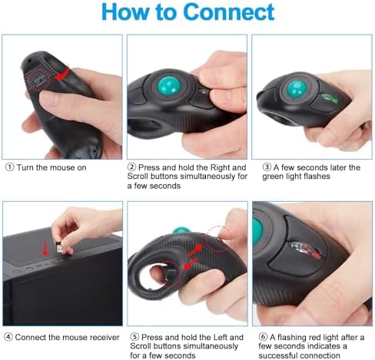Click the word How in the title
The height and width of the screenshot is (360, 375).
pyautogui.click(x=128, y=13)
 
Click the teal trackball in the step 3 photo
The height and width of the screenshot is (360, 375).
pyautogui.click(x=297, y=90)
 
